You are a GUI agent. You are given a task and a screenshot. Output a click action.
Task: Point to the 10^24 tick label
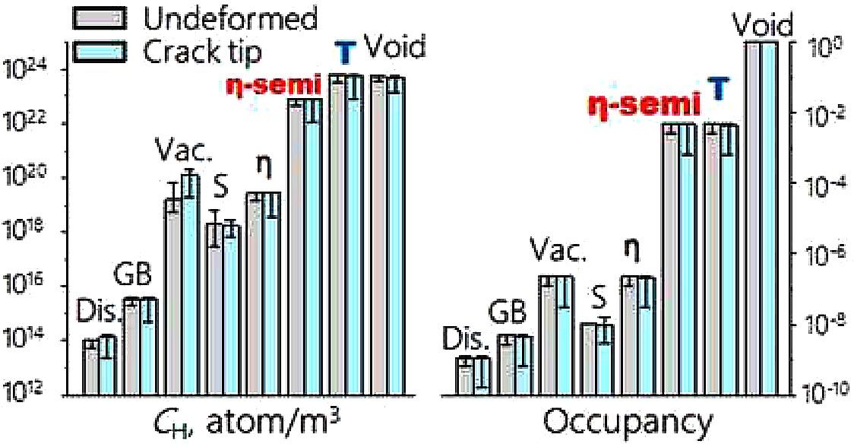pos(23,70)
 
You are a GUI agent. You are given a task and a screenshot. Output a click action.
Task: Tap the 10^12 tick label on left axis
pos(23,393)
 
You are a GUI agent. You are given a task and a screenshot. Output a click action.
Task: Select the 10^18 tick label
pos(23,232)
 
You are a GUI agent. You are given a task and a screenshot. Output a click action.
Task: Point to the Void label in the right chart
pos(761,27)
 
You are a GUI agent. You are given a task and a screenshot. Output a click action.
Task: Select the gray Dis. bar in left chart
pos(90,368)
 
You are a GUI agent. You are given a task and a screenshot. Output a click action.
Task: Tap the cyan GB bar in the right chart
pos(523,365)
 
